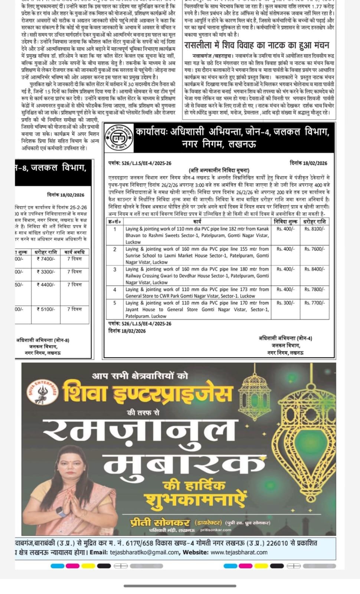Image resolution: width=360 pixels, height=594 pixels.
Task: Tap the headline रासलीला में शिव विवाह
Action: (256, 45)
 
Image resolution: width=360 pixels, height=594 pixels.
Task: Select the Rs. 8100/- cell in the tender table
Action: (314, 229)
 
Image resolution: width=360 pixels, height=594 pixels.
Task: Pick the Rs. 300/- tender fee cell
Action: (285, 303)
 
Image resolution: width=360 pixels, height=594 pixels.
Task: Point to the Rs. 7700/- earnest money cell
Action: (314, 303)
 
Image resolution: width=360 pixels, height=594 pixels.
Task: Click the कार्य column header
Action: (197, 222)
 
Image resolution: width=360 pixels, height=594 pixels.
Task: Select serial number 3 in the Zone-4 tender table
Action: (115, 270)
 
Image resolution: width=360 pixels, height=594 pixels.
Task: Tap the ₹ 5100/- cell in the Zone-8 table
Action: (46, 309)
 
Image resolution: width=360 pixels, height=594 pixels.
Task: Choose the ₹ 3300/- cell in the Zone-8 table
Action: (46, 272)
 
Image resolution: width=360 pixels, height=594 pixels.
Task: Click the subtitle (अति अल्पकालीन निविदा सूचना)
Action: (219, 170)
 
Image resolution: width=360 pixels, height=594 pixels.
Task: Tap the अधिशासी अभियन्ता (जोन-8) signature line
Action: (43, 340)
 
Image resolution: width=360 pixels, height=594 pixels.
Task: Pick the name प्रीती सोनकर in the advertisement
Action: (160, 522)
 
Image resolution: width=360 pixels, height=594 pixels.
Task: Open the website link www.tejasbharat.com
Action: (239, 552)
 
